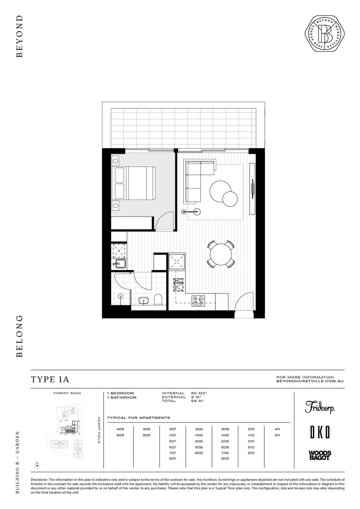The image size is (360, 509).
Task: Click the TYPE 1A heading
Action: (50, 380)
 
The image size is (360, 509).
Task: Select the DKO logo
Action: (319, 432)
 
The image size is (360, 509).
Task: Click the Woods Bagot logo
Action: (319, 455)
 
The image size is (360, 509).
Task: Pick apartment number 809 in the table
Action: (225, 459)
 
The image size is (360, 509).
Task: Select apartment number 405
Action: (120, 429)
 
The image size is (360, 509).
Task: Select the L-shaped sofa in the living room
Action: (198, 178)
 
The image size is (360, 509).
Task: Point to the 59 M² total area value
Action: (197, 401)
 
